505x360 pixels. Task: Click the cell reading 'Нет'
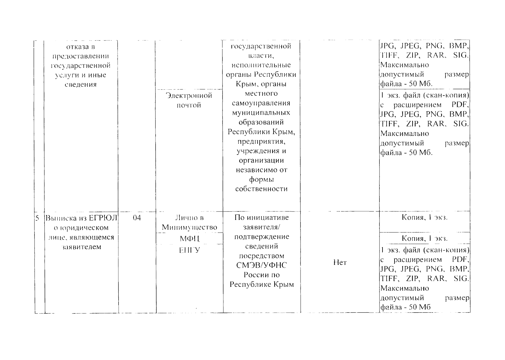coord(340,263)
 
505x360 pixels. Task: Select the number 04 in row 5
coord(137,217)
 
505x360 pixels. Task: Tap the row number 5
coord(38,218)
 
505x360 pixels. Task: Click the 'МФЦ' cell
coord(189,239)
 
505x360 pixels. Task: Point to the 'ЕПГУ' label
coord(189,250)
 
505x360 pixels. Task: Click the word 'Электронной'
coord(189,96)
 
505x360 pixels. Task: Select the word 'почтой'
coord(189,105)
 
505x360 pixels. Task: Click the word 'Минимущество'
coord(189,227)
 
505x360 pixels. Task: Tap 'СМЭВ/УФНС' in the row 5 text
coord(262,265)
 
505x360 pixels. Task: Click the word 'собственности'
coord(262,189)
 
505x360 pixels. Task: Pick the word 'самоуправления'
coord(261,103)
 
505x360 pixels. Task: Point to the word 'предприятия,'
coord(261,141)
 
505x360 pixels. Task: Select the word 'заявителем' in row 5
coord(81,247)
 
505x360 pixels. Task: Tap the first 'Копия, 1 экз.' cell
coord(425,217)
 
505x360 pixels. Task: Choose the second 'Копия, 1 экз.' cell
coord(425,238)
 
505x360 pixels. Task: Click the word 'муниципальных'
coord(261,113)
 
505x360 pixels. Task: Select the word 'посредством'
coord(262,256)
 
